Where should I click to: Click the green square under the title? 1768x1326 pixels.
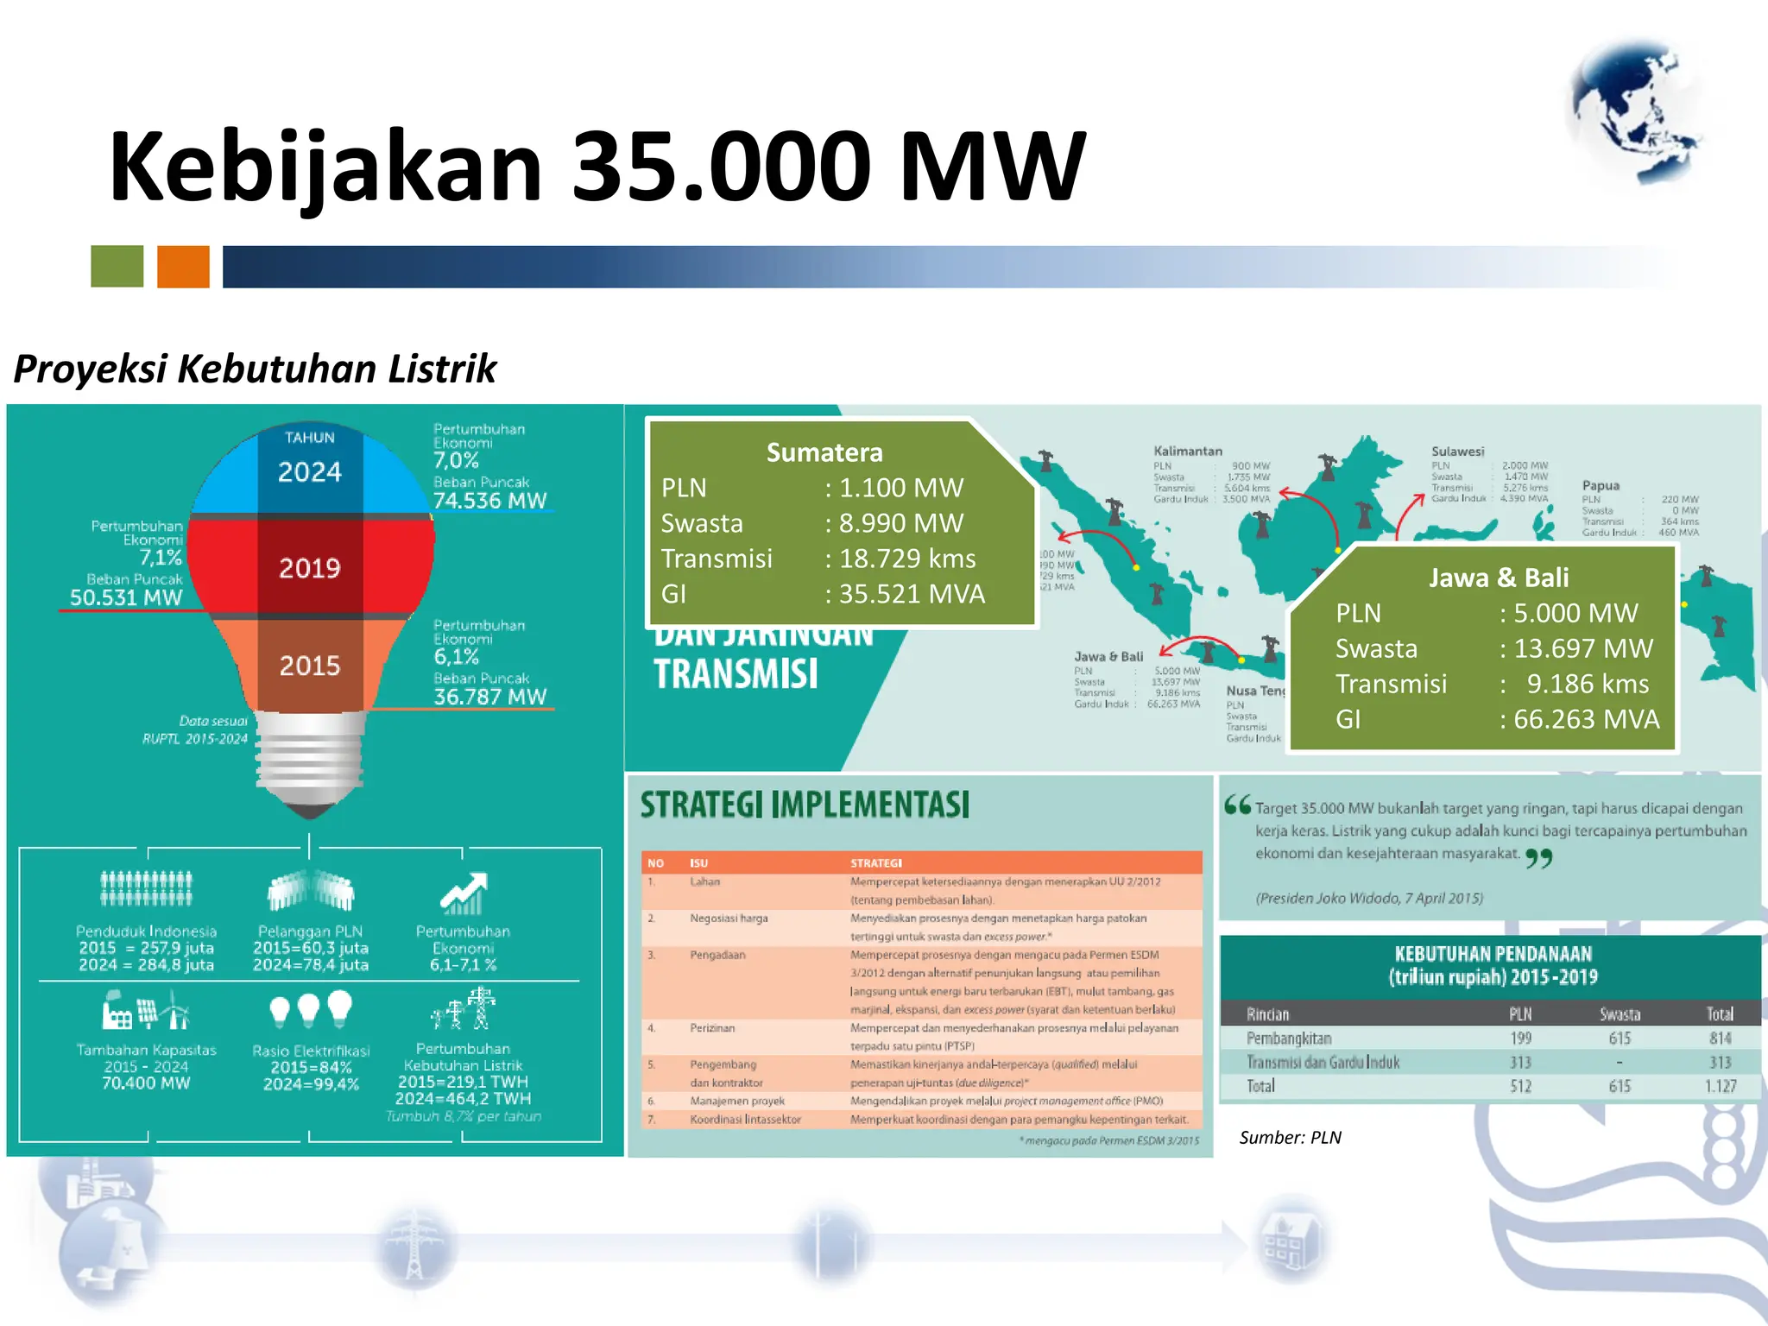click(117, 266)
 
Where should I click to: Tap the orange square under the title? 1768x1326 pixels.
click(183, 266)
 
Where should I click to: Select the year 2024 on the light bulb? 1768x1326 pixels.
click(310, 471)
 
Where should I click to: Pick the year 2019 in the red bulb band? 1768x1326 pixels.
click(310, 568)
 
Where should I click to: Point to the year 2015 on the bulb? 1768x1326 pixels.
click(310, 666)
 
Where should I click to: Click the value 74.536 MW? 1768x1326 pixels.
click(489, 501)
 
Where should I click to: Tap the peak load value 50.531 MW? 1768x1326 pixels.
click(126, 597)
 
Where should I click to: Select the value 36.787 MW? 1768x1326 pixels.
click(489, 697)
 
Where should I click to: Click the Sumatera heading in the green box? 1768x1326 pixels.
click(824, 452)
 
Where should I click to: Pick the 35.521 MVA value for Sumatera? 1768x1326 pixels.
click(912, 594)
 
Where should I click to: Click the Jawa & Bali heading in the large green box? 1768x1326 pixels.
click(1499, 578)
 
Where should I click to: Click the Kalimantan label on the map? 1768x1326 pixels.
click(1188, 451)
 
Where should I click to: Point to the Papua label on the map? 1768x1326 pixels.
click(1601, 486)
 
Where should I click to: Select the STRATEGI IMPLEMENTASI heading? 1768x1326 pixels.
click(805, 805)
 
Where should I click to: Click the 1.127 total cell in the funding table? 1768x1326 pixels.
click(1720, 1086)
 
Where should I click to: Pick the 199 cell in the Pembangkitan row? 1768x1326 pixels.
click(1520, 1039)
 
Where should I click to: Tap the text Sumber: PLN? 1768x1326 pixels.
click(1290, 1138)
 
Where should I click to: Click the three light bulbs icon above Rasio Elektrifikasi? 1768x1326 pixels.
click(311, 1009)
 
